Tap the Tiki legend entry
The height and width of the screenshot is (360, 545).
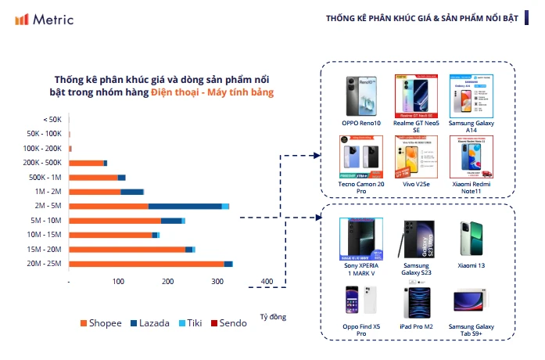pos(192,322)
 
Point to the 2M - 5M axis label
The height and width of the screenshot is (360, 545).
pos(48,206)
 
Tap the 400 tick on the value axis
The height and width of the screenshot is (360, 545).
pos(267,282)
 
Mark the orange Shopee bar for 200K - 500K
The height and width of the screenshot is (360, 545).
pos(86,163)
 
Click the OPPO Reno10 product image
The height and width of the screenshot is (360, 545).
pos(360,96)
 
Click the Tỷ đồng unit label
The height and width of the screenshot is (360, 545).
pos(273,316)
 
